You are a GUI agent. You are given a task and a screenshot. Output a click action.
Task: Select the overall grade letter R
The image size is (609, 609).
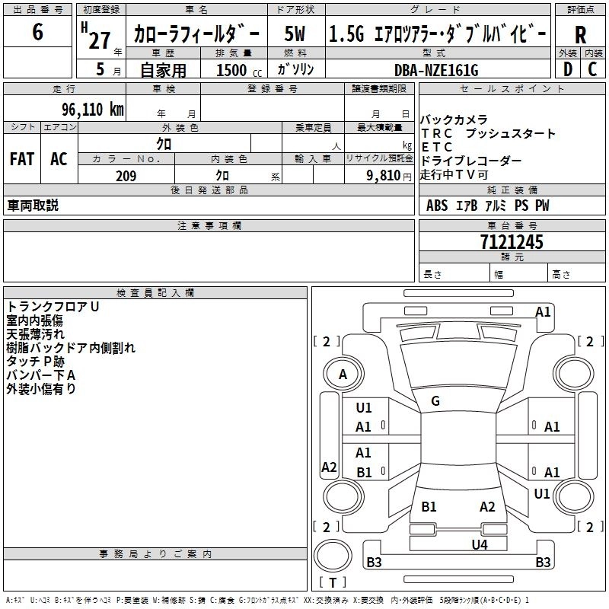pyautogui.click(x=580, y=36)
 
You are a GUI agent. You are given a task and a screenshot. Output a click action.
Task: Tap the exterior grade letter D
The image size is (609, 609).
pyautogui.click(x=567, y=69)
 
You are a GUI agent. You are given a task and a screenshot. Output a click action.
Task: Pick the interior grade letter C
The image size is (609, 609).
pyautogui.click(x=592, y=69)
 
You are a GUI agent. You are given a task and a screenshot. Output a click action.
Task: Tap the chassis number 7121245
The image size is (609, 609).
pyautogui.click(x=512, y=242)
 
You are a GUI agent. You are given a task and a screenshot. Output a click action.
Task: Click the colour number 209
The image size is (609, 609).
pyautogui.click(x=126, y=176)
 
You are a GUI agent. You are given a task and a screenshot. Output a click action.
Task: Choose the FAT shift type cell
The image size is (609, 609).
pyautogui.click(x=22, y=159)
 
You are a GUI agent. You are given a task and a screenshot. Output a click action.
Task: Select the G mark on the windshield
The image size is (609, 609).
pyautogui.click(x=435, y=401)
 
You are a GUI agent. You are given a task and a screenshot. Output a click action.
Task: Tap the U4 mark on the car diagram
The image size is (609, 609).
pyautogui.click(x=479, y=544)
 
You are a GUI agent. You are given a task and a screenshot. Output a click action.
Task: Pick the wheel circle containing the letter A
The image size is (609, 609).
pyautogui.click(x=343, y=374)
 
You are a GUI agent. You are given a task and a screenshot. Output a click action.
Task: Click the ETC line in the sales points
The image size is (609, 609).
pyautogui.click(x=436, y=147)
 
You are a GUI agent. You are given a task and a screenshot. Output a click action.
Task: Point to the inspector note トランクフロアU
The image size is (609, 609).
pyautogui.click(x=53, y=307)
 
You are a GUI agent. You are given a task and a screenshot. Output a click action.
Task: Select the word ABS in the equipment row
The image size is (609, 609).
pyautogui.click(x=437, y=206)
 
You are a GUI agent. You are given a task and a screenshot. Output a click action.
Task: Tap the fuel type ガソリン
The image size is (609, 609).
pyautogui.click(x=299, y=69)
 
